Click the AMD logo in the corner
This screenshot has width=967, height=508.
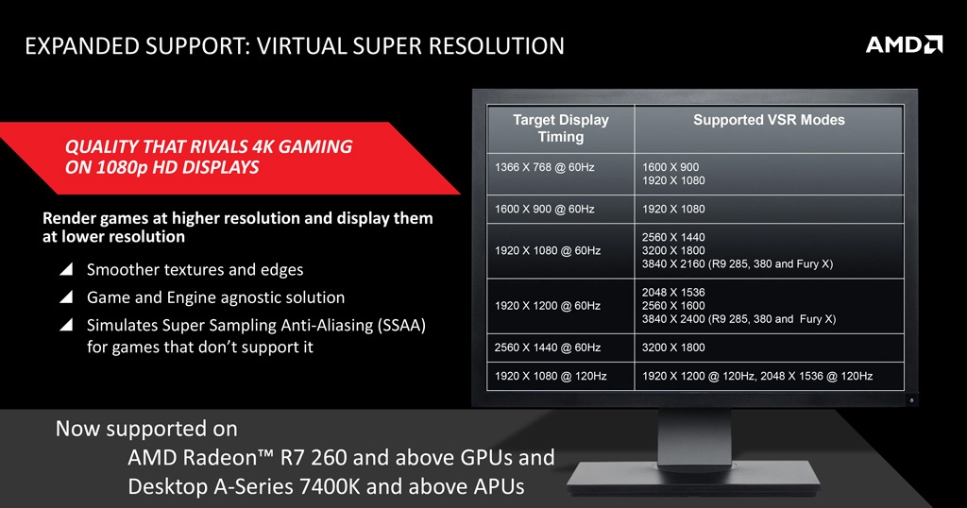click(904, 44)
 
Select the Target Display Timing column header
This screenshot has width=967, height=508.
click(561, 128)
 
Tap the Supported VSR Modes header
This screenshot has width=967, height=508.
click(769, 120)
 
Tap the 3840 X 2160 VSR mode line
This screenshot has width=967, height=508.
click(737, 263)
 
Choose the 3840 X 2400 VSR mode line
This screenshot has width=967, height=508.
click(738, 319)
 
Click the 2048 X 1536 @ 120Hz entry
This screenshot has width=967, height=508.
click(817, 376)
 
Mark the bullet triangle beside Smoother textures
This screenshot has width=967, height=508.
click(66, 269)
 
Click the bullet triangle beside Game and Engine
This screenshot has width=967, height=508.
click(66, 297)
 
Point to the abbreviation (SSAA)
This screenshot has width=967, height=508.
click(402, 326)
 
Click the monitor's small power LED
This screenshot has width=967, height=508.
click(911, 400)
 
